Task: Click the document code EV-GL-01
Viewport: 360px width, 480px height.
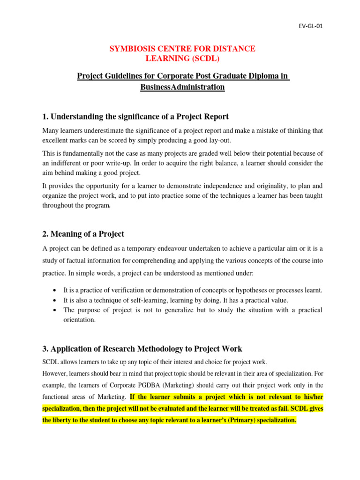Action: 311,26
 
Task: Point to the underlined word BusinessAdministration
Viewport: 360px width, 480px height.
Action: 183,87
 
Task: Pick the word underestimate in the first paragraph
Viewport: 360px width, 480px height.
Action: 100,130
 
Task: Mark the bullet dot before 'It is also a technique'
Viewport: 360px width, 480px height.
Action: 56,300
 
